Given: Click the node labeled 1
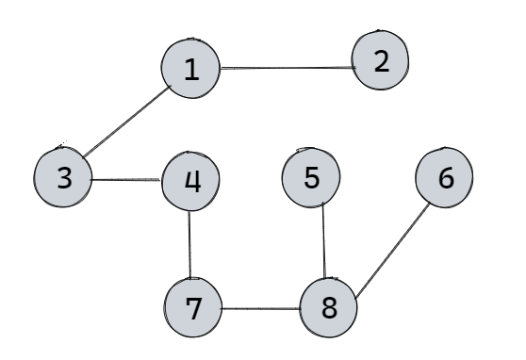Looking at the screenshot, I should coord(191,70).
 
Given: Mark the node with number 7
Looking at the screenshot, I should coord(192,307).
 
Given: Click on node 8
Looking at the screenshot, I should coord(328,307).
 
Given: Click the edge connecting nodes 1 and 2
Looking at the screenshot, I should coord(286,68).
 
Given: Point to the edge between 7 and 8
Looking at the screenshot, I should coord(260,308).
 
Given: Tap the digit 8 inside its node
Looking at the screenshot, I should coord(328,307).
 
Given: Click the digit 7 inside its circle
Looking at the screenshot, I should coord(192,307).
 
